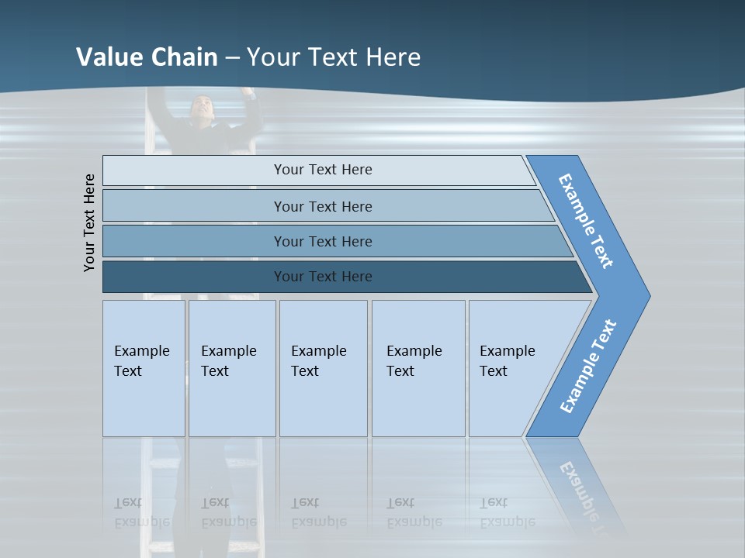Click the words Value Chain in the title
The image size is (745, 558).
(x=147, y=57)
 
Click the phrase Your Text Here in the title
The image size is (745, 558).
(x=334, y=57)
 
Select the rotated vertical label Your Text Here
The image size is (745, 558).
(x=89, y=222)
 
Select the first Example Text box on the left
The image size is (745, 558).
(x=144, y=368)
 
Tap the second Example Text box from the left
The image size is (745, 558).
(x=231, y=368)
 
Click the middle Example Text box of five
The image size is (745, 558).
(x=323, y=368)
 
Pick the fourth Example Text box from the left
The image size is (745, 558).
(x=418, y=368)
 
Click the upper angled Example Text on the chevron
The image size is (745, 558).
(x=586, y=221)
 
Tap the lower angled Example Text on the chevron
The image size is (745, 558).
(x=587, y=367)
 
